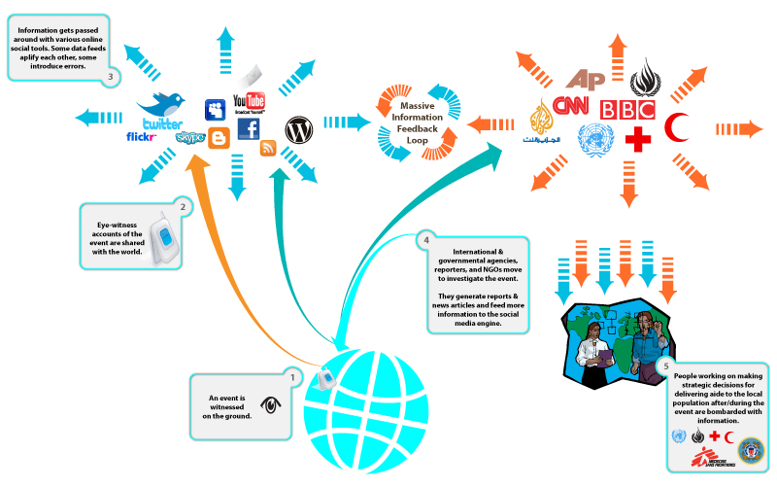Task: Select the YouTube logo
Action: (x=250, y=102)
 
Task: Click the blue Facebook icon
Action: (x=249, y=130)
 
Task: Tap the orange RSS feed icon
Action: (x=269, y=149)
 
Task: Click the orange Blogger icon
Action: (x=220, y=139)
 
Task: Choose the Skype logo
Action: (x=189, y=138)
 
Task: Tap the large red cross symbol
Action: (x=637, y=140)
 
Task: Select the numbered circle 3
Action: (x=113, y=77)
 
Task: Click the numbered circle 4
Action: (x=424, y=240)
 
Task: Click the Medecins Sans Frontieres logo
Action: (x=707, y=457)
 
